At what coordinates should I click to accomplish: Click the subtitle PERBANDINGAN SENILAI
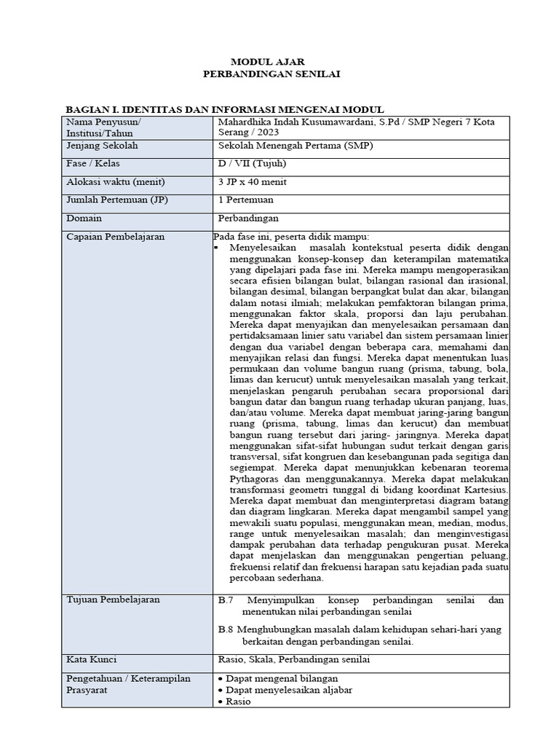coord(271,74)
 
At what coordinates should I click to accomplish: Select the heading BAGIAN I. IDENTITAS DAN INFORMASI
coord(224,109)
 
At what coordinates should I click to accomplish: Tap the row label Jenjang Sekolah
coord(102,146)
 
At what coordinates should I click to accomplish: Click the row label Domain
coord(84,218)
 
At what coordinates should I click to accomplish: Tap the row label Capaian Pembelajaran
coord(115,237)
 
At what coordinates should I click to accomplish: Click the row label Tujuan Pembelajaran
coord(113,600)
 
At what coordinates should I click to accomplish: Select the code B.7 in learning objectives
coord(225,600)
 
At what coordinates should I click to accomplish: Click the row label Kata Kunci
coord(92,660)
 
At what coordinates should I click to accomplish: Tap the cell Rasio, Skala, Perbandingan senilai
coord(294,660)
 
